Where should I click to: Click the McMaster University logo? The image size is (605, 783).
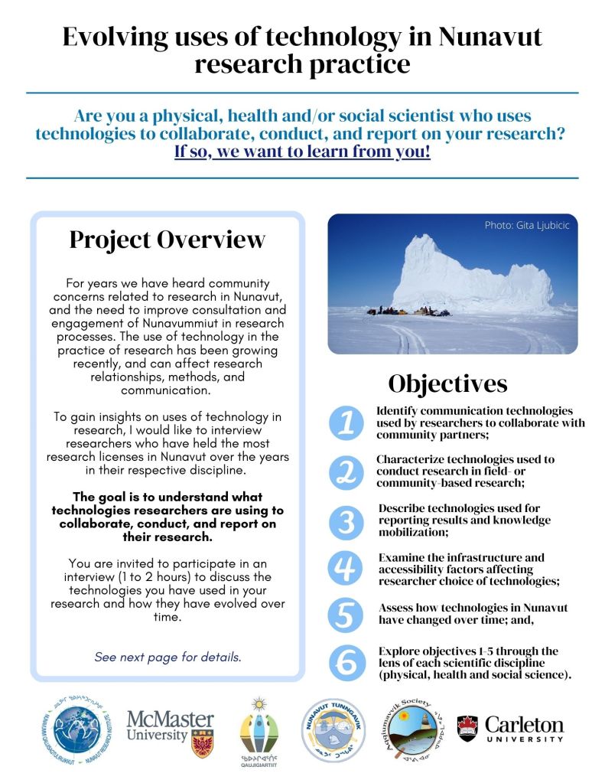[170, 732]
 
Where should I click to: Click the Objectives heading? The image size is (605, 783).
[447, 382]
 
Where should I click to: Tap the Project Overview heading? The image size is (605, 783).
[168, 240]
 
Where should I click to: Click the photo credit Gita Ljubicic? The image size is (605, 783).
[526, 226]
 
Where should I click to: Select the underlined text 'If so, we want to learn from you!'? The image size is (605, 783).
[302, 151]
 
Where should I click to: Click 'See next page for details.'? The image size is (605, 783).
[168, 657]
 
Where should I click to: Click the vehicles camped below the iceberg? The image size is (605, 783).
[408, 311]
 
